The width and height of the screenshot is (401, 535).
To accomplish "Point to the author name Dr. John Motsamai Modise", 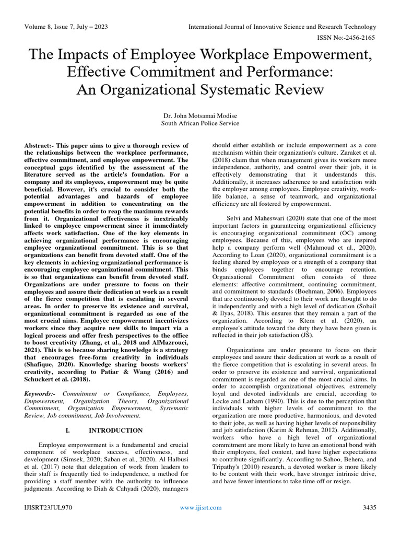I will pyautogui.click(x=200, y=115).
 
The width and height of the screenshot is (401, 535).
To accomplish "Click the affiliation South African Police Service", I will pyautogui.click(x=200, y=123).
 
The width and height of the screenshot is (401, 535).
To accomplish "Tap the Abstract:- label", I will pyautogui.click(x=41, y=145).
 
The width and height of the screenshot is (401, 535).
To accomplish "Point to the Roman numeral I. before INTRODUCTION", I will pyautogui.click(x=68, y=430).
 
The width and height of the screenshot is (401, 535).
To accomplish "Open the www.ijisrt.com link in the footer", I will pyautogui.click(x=200, y=507).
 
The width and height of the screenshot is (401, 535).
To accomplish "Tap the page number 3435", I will pyautogui.click(x=369, y=507).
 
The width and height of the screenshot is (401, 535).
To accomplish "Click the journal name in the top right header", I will pyautogui.click(x=290, y=27).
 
